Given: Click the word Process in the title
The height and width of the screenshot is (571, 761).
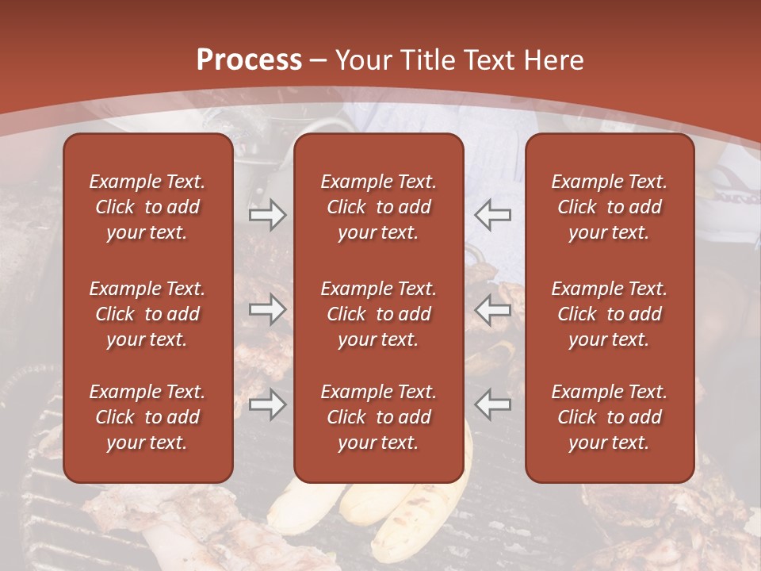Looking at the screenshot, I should pyautogui.click(x=249, y=60).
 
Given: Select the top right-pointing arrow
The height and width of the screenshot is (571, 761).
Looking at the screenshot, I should pyautogui.click(x=267, y=214).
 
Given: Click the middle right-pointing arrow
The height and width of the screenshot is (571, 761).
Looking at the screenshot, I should pyautogui.click(x=267, y=309).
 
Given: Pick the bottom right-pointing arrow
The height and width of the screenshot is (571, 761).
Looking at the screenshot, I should pyautogui.click(x=267, y=404).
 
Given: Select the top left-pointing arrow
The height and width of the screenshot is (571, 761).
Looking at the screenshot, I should pyautogui.click(x=493, y=214).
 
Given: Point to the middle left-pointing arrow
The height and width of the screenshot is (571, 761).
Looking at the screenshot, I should pyautogui.click(x=493, y=309).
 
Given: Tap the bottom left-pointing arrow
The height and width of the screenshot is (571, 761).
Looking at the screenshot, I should pyautogui.click(x=493, y=404).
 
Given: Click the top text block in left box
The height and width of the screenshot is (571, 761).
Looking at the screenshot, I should pyautogui.click(x=147, y=207).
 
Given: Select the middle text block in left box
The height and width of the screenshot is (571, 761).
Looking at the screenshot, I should pyautogui.click(x=147, y=314).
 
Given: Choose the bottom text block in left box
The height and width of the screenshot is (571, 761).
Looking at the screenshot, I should pyautogui.click(x=147, y=417).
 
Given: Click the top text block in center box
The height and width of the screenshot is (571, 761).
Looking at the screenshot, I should pyautogui.click(x=379, y=207).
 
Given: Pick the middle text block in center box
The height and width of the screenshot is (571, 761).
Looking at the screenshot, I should pyautogui.click(x=379, y=314).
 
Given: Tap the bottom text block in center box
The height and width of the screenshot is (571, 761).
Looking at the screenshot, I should pyautogui.click(x=379, y=417).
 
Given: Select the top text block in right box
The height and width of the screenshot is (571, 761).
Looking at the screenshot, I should pyautogui.click(x=610, y=207).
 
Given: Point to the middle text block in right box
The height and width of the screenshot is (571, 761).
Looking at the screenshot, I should pyautogui.click(x=610, y=314).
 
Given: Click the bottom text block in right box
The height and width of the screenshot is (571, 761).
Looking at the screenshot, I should pyautogui.click(x=610, y=417).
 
